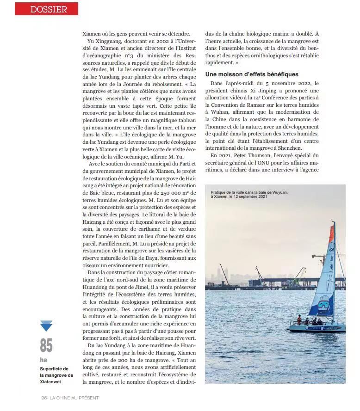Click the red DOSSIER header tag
46,9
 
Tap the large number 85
46,345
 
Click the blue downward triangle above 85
46,326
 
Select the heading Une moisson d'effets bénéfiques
252,74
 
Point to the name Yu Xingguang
102,41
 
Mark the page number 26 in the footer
44,398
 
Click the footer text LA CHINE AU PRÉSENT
74,398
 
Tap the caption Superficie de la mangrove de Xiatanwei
54,375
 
